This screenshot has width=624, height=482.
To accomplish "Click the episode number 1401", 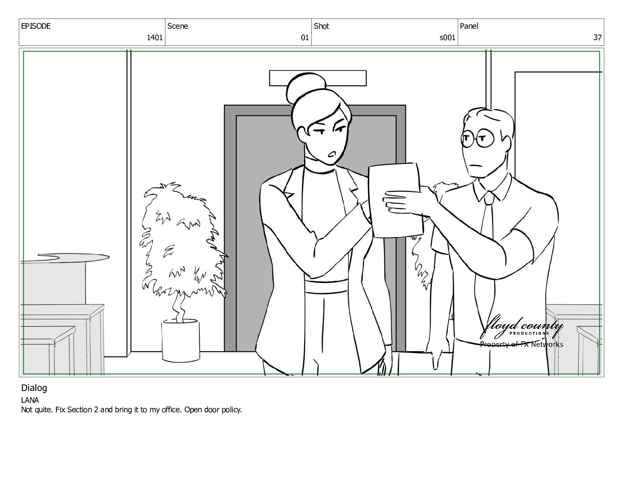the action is point(154,37).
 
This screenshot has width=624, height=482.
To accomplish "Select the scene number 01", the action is point(305,37).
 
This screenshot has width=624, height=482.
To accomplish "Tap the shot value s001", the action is point(448,37).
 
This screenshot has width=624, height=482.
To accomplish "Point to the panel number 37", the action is point(597,37).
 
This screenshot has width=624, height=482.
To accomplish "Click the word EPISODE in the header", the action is point(36,26).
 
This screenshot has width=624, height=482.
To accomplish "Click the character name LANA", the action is point(30,400).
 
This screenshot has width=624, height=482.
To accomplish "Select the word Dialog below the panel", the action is point(34,388).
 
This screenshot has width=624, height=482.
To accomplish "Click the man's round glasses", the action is point(477,138).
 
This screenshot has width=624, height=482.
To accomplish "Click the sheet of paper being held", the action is point(396,200).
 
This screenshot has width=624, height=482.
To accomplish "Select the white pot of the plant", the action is point(181,341).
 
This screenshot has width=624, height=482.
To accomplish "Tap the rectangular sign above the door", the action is point(318,78).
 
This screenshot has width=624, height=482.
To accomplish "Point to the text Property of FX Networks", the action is point(522,344).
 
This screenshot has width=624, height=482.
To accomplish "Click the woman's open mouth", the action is point(332,154).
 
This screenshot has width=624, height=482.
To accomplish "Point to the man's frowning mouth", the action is point(476,166).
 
